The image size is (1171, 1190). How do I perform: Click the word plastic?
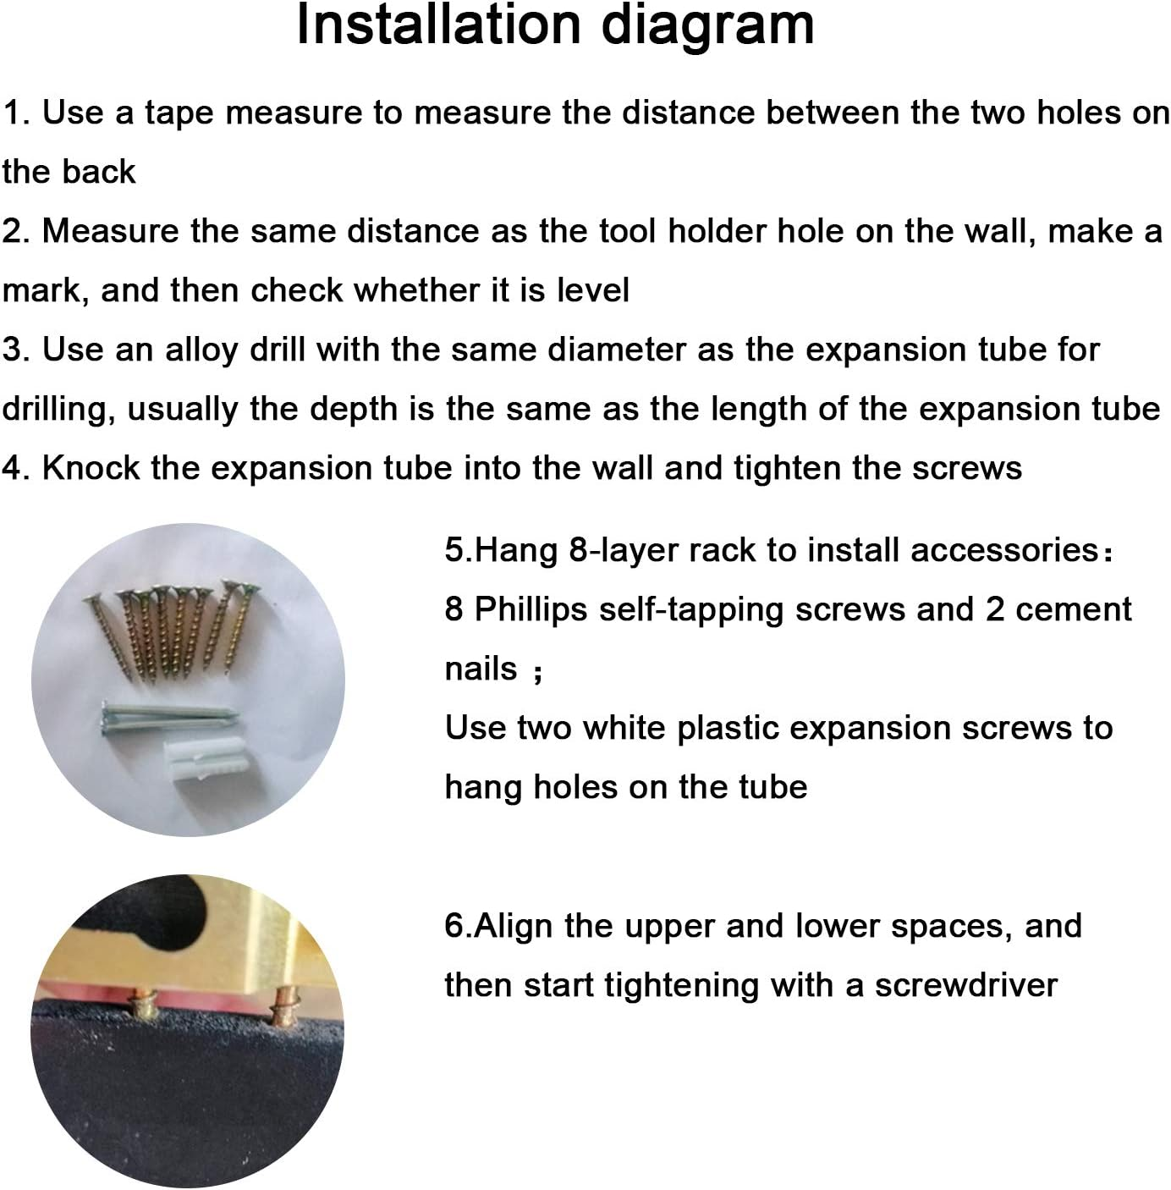(x=727, y=729)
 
